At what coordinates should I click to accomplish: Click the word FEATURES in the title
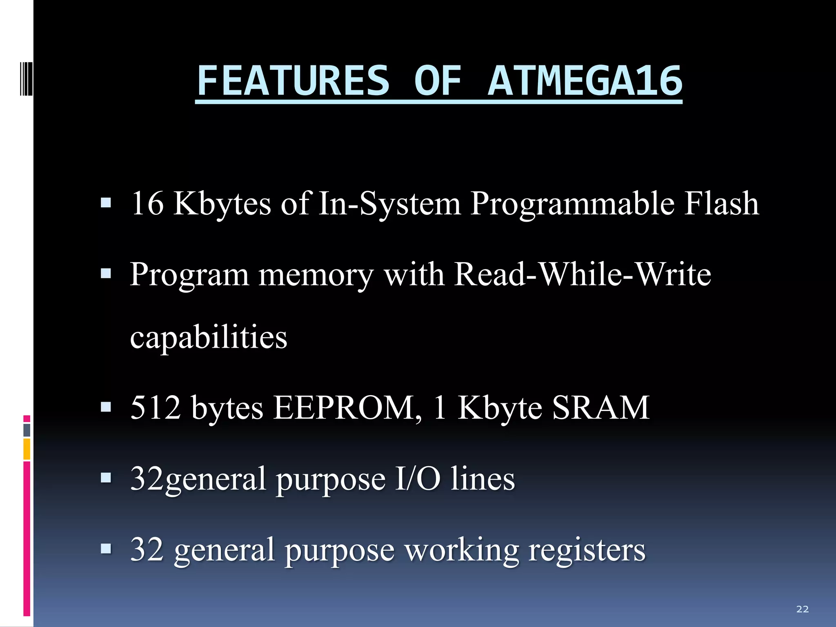coord(293,81)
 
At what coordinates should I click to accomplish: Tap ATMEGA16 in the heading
coord(585,81)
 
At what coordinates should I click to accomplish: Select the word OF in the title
coord(438,81)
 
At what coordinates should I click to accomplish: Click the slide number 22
coord(802,609)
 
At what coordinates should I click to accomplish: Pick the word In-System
coord(389,204)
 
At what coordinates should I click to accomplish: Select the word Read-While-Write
coord(583,274)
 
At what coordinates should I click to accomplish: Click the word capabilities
coord(209,338)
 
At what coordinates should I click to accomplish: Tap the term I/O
coord(418,478)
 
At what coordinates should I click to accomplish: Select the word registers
coord(587,550)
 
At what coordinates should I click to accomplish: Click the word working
coord(461,550)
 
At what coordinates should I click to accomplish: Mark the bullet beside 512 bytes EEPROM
coord(106,407)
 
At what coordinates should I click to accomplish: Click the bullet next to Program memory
coord(106,273)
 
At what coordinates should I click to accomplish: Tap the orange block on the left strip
coord(27,449)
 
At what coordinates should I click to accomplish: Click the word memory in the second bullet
coord(316,275)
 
